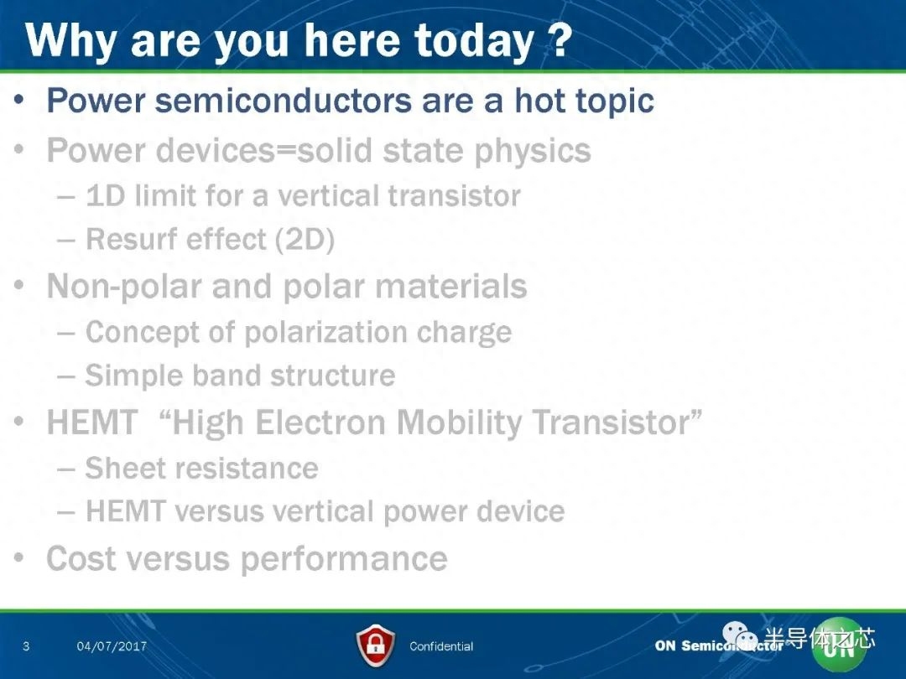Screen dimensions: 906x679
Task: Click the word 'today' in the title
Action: (x=474, y=42)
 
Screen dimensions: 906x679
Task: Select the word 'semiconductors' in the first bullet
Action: (x=284, y=101)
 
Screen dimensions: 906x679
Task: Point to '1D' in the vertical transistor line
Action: (x=105, y=195)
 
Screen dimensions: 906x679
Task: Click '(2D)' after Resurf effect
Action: (x=305, y=240)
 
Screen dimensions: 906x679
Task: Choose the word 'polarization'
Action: (x=325, y=333)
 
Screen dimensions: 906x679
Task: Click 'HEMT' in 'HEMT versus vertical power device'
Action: (x=125, y=511)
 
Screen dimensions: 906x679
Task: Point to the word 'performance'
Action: (x=344, y=559)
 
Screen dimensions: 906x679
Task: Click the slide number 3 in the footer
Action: (x=26, y=646)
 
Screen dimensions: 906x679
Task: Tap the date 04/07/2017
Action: (x=112, y=646)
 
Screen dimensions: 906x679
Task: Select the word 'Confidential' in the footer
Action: (x=441, y=646)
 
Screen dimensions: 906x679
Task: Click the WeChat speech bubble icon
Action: (x=740, y=635)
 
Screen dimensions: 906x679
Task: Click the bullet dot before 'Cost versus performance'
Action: (x=19, y=557)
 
